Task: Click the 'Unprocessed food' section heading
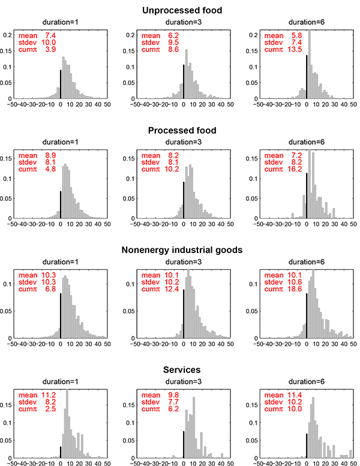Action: [179, 10]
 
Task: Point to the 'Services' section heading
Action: [179, 369]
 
